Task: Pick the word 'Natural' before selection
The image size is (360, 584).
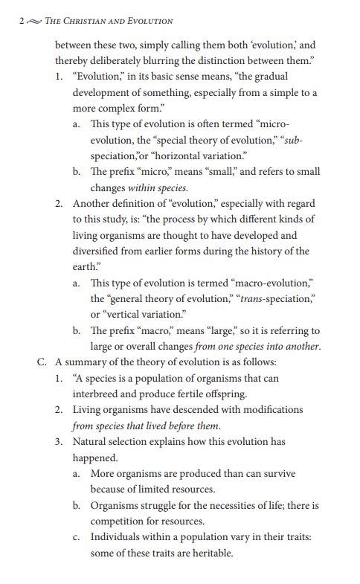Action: (x=91, y=441)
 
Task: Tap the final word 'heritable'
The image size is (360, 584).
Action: (x=210, y=553)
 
